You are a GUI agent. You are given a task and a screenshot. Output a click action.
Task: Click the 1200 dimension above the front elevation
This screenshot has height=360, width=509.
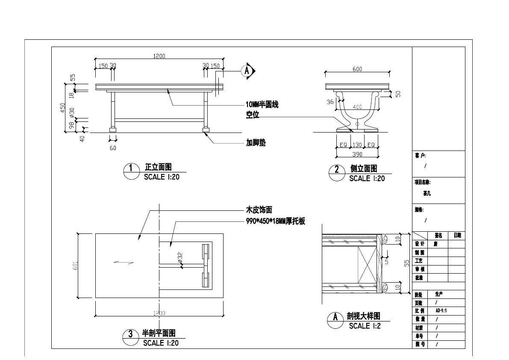click(x=159, y=56)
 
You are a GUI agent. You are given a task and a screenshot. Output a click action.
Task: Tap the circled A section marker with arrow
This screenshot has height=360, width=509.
click(x=247, y=71)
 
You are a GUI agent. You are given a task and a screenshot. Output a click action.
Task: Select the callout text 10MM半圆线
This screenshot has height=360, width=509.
click(x=262, y=105)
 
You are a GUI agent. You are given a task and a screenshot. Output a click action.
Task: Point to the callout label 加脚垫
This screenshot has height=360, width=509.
click(x=256, y=143)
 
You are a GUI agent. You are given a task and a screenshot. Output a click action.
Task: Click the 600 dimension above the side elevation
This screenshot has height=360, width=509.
click(x=357, y=69)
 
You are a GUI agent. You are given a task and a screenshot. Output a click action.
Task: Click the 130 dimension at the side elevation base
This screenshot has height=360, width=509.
click(x=357, y=145)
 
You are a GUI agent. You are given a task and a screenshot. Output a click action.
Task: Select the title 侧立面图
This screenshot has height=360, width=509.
click(x=364, y=169)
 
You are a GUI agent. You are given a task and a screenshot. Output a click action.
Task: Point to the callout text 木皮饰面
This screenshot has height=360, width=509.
click(x=259, y=210)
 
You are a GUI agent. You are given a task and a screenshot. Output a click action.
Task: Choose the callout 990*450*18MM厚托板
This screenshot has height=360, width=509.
click(x=275, y=221)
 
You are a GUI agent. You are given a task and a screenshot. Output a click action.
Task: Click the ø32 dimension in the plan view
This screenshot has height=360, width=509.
click(x=180, y=257)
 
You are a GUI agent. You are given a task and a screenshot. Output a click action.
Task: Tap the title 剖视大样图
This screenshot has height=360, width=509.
click(x=363, y=316)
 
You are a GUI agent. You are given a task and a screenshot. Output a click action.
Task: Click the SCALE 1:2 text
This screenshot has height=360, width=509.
click(x=365, y=326)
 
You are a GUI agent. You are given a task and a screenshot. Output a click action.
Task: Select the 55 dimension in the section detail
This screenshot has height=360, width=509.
click(x=406, y=264)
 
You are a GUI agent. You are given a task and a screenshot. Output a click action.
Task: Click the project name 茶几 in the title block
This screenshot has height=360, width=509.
click(x=427, y=193)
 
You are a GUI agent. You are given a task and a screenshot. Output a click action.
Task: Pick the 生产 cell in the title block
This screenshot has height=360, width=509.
click(x=439, y=294)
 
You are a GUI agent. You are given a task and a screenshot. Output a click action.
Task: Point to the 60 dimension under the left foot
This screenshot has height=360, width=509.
click(x=113, y=148)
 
